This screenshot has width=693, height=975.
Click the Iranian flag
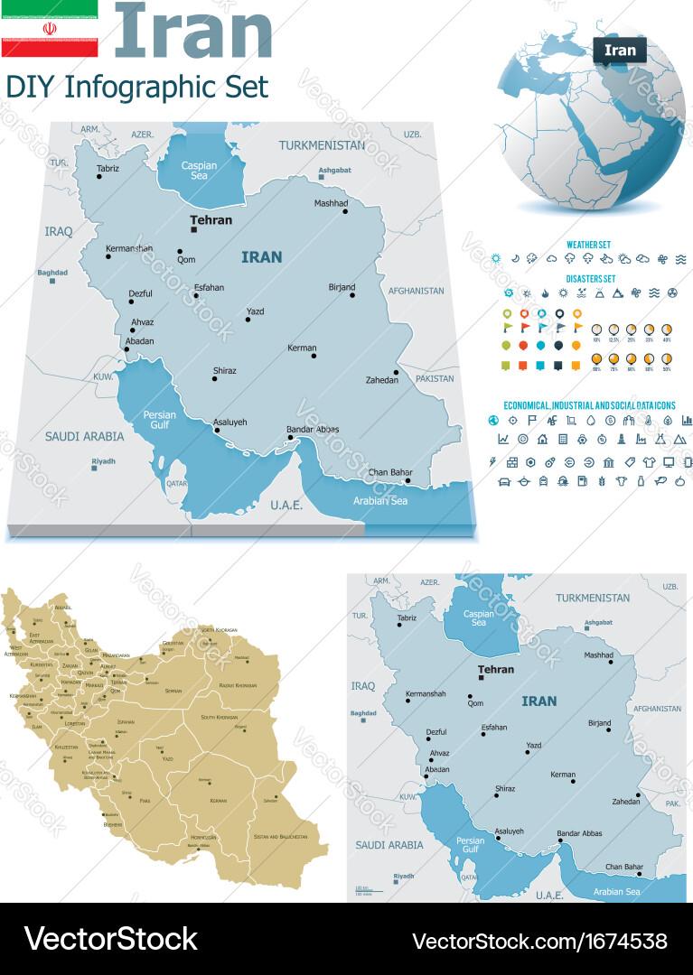click(x=49, y=29)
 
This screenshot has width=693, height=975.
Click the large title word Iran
click(x=193, y=31)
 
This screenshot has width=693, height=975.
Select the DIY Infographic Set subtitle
click(x=137, y=88)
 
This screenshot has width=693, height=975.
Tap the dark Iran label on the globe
click(x=620, y=51)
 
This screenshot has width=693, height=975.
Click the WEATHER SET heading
click(x=588, y=245)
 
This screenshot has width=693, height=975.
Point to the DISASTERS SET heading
click(x=590, y=279)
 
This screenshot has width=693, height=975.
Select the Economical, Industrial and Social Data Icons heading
click(x=589, y=406)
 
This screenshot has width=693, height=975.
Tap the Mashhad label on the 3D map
click(x=331, y=203)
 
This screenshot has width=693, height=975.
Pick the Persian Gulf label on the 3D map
click(x=160, y=420)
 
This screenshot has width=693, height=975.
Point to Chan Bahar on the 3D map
click(x=390, y=472)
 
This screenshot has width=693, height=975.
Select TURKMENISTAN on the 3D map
click(x=322, y=144)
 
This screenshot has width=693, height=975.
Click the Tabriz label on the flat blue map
click(x=407, y=618)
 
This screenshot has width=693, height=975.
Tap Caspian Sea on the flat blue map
click(x=479, y=617)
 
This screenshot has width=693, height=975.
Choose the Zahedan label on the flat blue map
click(x=625, y=801)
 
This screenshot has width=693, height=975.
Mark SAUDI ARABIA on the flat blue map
click(x=389, y=845)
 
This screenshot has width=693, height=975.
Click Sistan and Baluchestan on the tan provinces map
click(x=279, y=837)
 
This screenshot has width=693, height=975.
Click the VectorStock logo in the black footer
click(x=110, y=938)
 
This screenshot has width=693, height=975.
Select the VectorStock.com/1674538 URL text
click(x=538, y=939)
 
